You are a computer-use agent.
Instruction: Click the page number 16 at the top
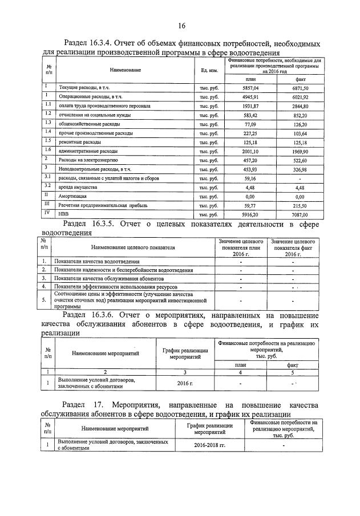(181, 26)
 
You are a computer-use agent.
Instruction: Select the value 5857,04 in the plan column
(250, 88)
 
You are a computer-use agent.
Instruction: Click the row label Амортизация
(72, 196)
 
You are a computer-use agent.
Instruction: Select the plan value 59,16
(251, 178)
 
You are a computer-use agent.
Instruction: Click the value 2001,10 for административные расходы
(250, 151)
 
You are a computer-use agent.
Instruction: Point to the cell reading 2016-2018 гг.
(209, 444)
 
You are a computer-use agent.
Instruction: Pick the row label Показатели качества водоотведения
(96, 261)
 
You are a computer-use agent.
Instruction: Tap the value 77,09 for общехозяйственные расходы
(251, 124)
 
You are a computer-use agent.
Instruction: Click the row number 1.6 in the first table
(48, 150)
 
